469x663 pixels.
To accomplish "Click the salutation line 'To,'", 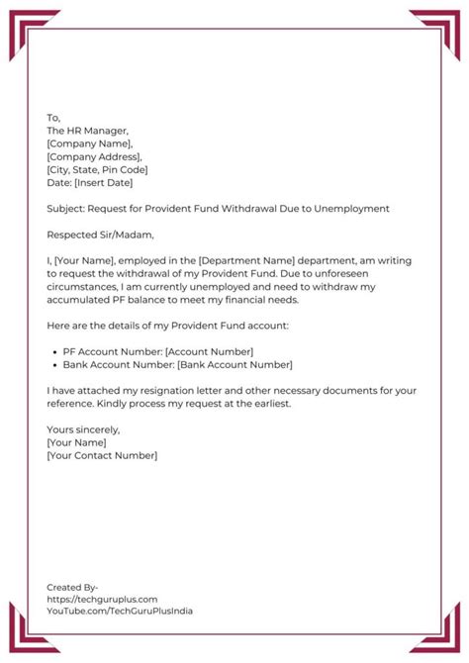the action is pyautogui.click(x=53, y=118).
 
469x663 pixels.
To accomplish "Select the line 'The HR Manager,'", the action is pyautogui.click(x=87, y=131).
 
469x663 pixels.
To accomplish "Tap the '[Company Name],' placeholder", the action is pyautogui.click(x=89, y=143).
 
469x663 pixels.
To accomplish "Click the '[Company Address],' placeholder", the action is pyautogui.click(x=94, y=156).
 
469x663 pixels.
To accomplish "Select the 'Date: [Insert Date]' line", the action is pyautogui.click(x=89, y=182).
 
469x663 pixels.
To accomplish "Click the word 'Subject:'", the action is pyautogui.click(x=65, y=209).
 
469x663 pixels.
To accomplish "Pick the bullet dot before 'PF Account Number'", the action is pyautogui.click(x=52, y=351).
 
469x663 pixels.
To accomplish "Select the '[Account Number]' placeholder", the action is pyautogui.click(x=209, y=351).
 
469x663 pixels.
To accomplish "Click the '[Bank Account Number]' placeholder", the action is pyautogui.click(x=237, y=364).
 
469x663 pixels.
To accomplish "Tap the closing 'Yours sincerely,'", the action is pyautogui.click(x=83, y=429).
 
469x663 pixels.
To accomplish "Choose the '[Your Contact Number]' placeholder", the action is pyautogui.click(x=102, y=455).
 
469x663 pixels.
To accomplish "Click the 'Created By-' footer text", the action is pyautogui.click(x=72, y=587).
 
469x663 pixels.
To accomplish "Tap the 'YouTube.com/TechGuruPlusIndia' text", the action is pyautogui.click(x=120, y=612).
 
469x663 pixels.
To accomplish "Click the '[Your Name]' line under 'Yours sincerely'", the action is pyautogui.click(x=76, y=442).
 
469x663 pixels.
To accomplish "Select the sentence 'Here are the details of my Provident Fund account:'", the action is pyautogui.click(x=179, y=326).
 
